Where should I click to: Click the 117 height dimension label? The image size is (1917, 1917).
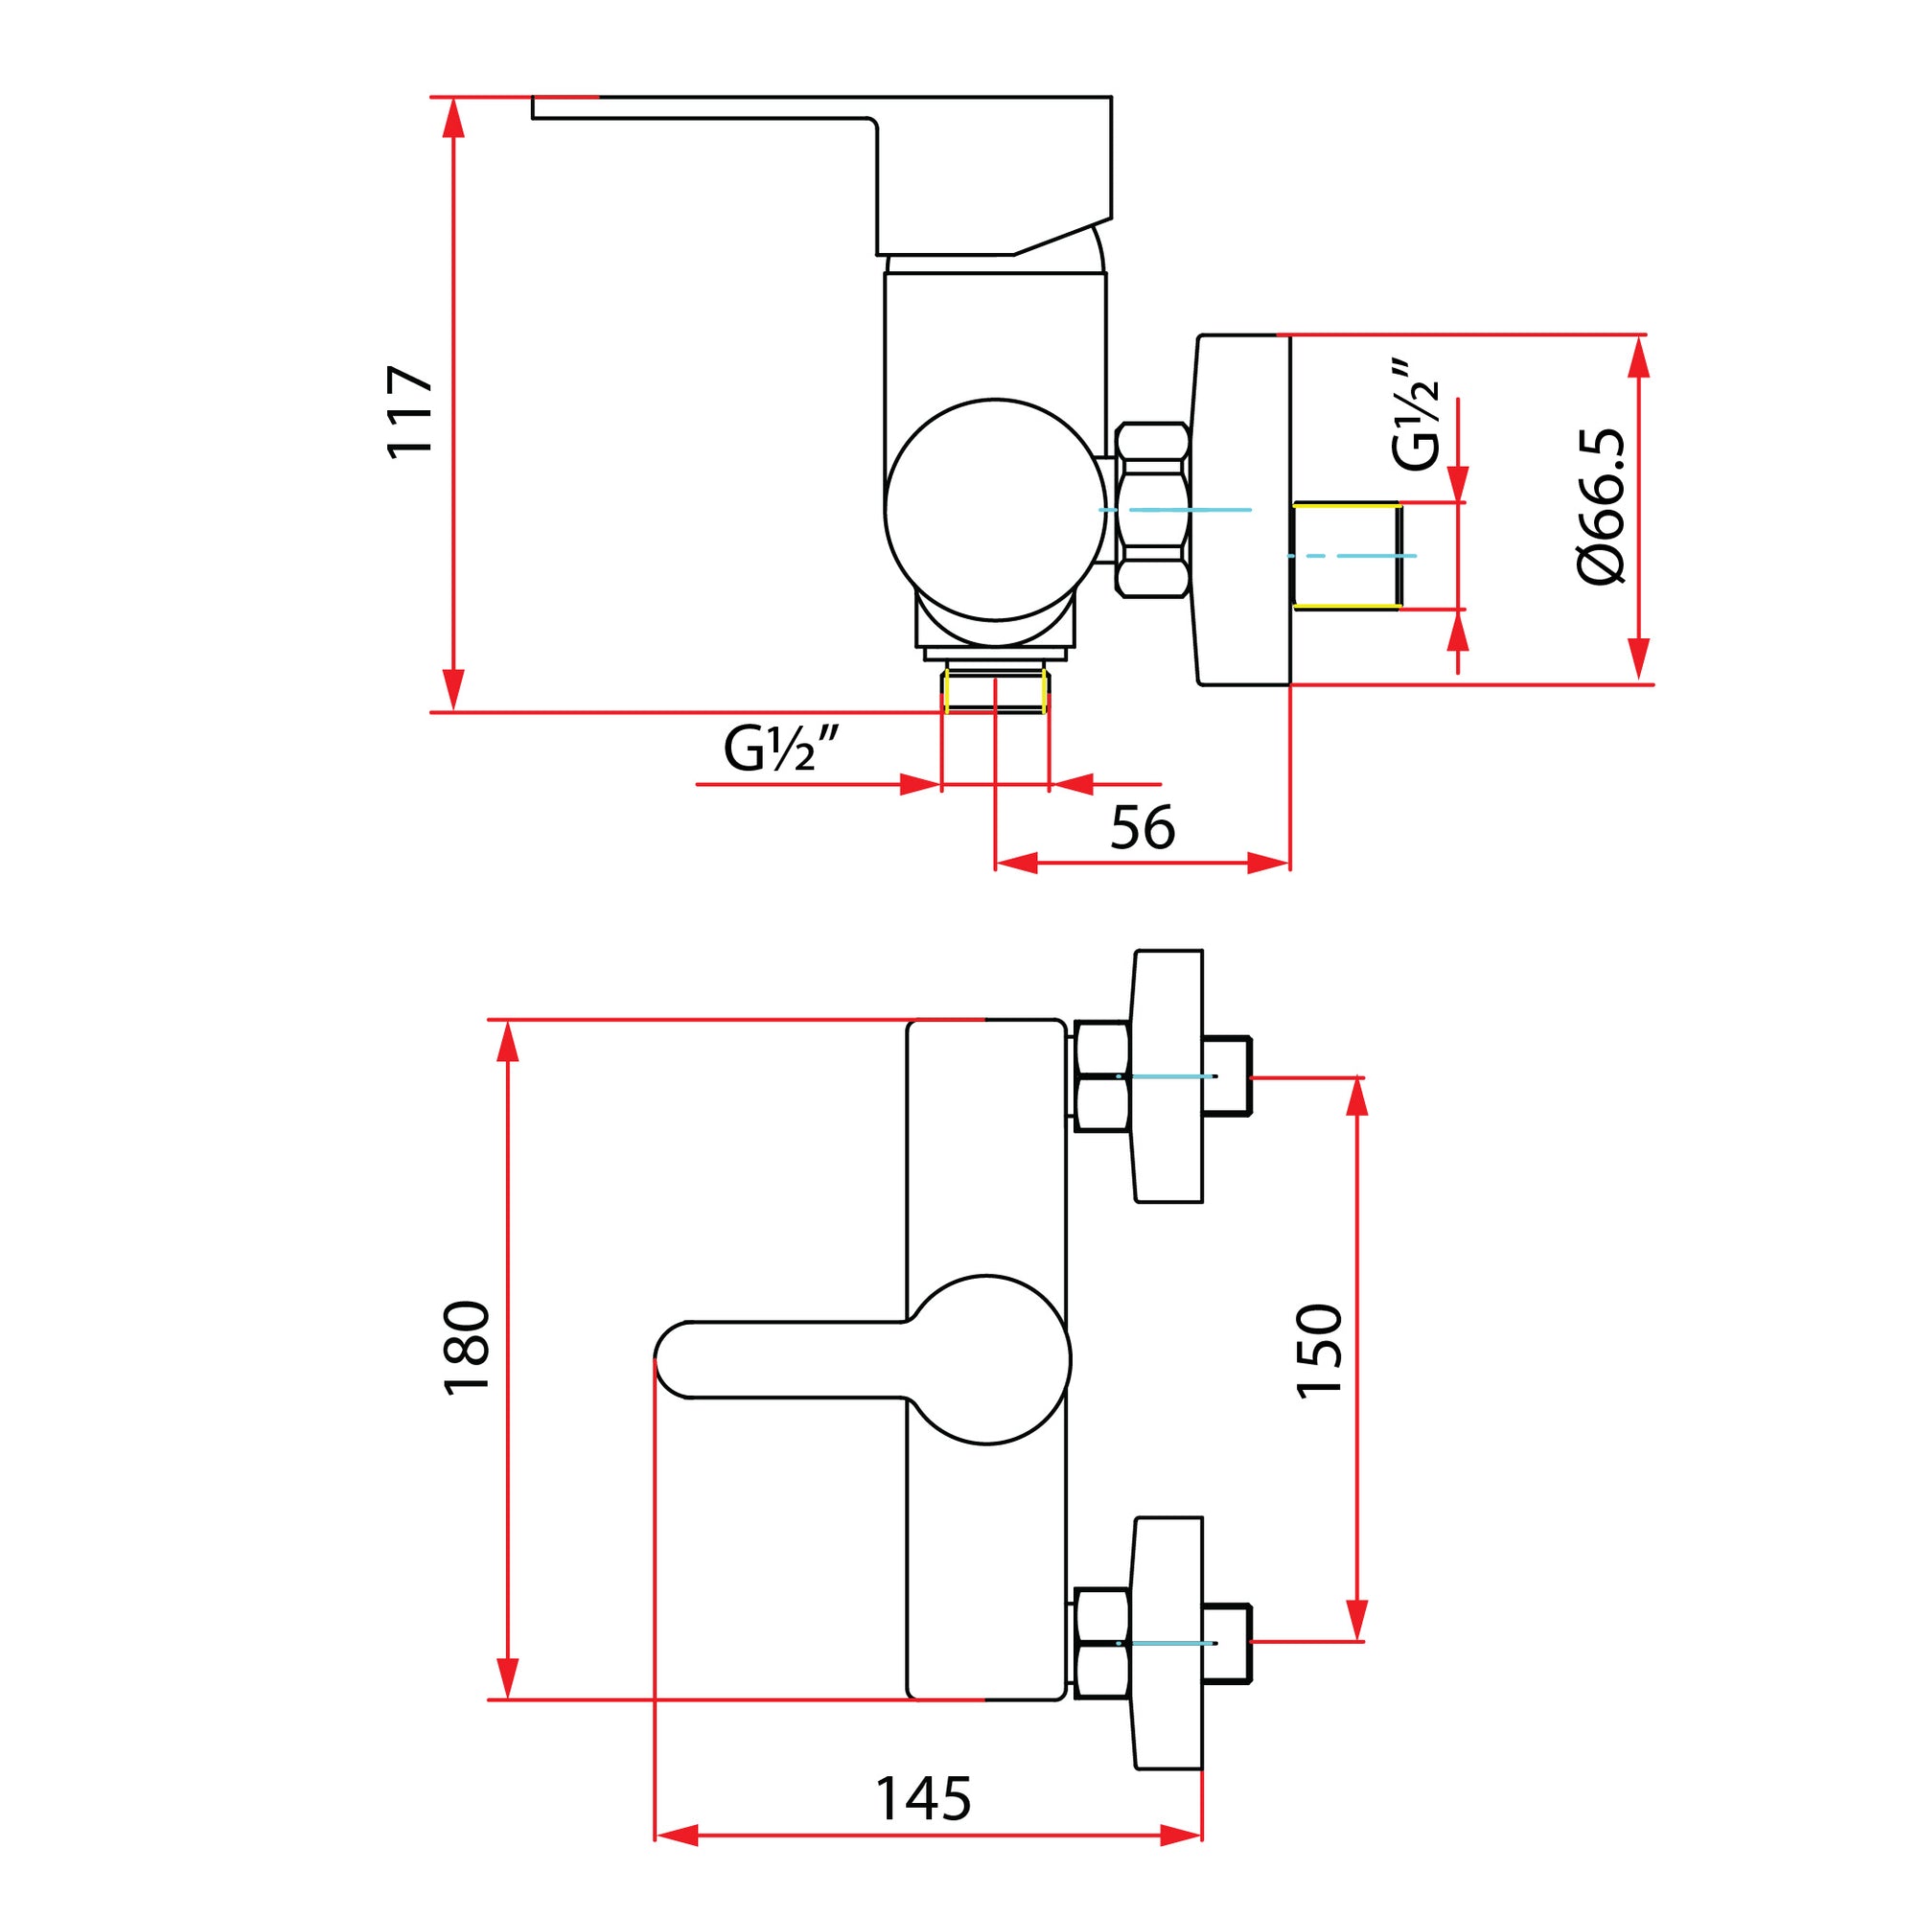(410, 412)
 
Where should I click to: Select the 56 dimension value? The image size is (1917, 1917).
(1143, 827)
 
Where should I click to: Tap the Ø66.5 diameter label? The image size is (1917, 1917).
(1602, 506)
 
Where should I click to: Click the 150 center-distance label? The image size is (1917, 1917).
(1320, 1351)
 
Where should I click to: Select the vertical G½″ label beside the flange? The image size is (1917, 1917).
(1415, 414)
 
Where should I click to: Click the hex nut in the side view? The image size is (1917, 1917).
(1152, 510)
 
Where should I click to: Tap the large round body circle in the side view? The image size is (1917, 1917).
(995, 509)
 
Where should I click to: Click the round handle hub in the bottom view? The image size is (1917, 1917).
(988, 1359)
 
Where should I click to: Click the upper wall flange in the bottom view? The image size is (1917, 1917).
(1167, 1075)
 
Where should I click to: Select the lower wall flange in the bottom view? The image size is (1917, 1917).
(1167, 1642)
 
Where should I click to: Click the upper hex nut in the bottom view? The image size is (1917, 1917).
(1101, 1075)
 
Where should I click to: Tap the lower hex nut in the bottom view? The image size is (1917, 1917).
(1101, 1643)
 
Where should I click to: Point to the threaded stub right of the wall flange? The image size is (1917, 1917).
(1347, 556)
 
